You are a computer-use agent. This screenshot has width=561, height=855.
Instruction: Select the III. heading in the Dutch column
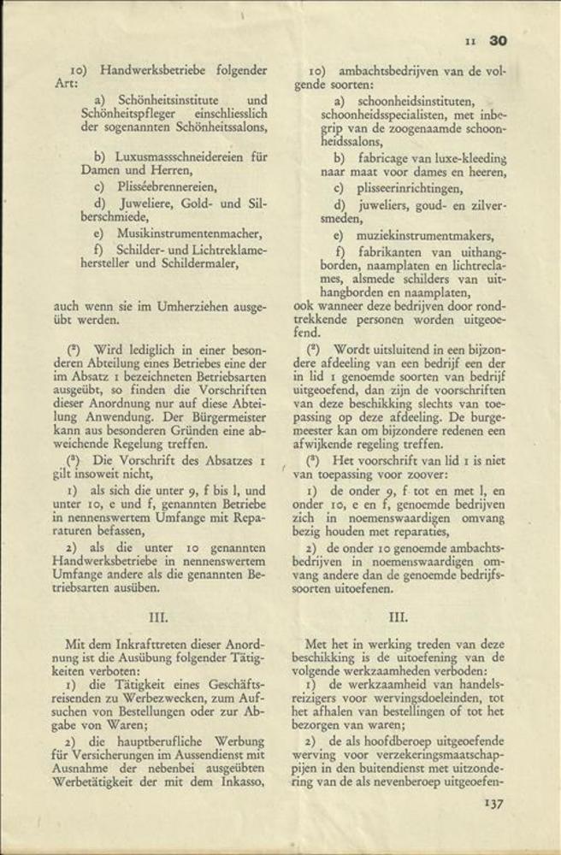pyautogui.click(x=399, y=615)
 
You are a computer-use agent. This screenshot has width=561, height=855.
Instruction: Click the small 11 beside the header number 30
pyautogui.click(x=469, y=40)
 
